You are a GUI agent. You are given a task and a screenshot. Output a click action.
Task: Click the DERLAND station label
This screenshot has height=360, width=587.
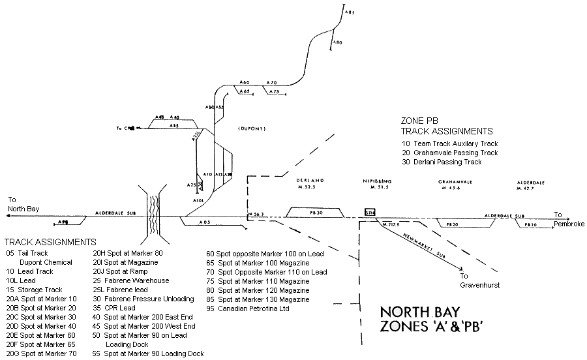click(310, 180)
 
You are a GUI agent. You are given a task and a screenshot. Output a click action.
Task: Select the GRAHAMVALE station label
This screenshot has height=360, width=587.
click(451, 181)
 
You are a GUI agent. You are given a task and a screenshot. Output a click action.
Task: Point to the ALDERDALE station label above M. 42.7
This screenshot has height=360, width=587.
click(531, 181)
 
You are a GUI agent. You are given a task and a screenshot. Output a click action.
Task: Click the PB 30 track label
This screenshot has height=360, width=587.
click(316, 213)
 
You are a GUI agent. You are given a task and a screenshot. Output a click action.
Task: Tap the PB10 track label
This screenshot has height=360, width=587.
click(532, 224)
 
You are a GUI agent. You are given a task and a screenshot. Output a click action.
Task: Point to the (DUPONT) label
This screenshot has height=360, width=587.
click(252, 128)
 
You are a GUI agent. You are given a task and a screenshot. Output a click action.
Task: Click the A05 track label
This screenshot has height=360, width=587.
click(205, 222)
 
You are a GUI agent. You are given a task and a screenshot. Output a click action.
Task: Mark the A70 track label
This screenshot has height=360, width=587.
click(273, 83)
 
